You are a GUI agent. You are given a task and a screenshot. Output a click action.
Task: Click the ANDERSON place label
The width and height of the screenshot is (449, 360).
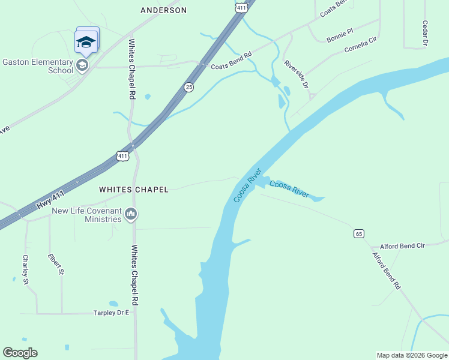pos(163,10)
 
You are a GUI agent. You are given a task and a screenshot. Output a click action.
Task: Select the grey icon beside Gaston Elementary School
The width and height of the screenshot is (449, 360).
pos(82,65)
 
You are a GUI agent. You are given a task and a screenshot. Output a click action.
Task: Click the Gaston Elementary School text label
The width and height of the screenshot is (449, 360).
pos(37,65)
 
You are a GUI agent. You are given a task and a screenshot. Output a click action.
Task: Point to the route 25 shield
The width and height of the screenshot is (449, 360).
pos(189,87)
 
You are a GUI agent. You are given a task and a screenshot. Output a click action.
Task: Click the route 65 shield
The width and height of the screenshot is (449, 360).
pos(358,233)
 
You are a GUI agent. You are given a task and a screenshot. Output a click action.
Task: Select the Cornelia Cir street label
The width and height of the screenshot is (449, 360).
pos(361,46)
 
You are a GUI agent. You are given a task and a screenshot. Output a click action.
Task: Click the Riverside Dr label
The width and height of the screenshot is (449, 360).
pos(296,74)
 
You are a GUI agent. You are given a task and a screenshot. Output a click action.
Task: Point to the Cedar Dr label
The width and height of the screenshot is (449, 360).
pos(425,33)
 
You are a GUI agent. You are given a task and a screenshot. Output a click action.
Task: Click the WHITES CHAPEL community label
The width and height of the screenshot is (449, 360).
pos(133,190)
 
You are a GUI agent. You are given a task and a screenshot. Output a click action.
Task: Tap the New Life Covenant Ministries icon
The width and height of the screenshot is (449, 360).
pos(131,214)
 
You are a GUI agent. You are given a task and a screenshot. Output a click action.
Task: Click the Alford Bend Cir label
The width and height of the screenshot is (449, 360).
pos(402,246)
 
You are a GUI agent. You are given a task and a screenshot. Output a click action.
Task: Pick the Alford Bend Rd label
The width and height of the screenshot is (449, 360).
pos(387,271)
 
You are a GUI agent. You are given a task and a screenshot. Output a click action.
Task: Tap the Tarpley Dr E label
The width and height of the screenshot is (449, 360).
pos(111,313)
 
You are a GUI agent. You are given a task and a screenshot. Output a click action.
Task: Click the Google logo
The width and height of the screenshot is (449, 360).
pos(20,353)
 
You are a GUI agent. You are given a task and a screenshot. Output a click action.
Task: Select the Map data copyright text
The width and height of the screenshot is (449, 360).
pos(412,355)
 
